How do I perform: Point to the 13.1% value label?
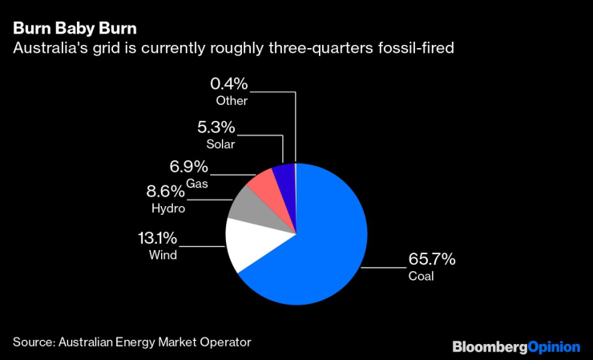[x=157, y=238]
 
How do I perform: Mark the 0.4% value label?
[x=229, y=83]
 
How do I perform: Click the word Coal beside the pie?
[x=421, y=276]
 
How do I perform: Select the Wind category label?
[x=163, y=255]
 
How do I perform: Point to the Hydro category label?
[x=168, y=208]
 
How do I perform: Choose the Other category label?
[x=232, y=100]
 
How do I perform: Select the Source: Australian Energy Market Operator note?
[x=131, y=342]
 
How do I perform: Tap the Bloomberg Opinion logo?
[x=515, y=346]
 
